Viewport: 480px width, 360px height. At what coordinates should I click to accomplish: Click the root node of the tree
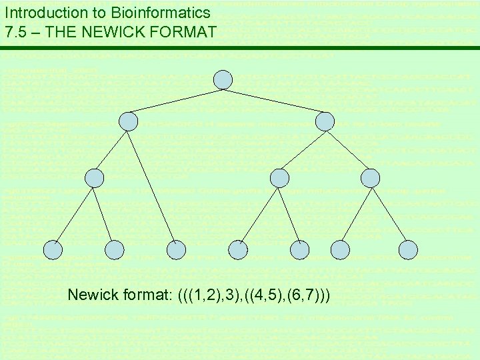[223, 80]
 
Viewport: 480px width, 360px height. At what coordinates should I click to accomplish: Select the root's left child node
[128, 121]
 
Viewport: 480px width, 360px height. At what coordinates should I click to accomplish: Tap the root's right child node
[325, 121]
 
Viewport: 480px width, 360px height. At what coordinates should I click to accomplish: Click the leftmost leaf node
[53, 249]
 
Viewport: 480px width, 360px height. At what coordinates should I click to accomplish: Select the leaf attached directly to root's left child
[176, 249]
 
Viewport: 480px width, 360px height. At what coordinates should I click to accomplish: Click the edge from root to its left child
[175, 101]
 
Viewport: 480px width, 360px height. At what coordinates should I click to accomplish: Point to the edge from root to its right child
[274, 101]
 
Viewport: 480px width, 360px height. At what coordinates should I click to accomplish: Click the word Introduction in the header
[39, 12]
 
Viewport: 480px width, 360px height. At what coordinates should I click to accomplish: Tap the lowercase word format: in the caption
[148, 294]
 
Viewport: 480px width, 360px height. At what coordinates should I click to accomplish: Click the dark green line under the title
[240, 48]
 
